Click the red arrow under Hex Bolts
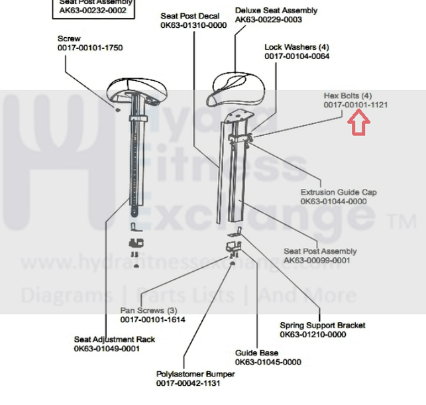[358, 123]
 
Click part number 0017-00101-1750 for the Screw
[90, 48]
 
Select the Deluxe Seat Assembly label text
[276, 11]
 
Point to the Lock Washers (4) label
[296, 47]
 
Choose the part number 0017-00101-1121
[356, 105]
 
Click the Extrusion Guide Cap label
[339, 192]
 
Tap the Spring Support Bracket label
[322, 325]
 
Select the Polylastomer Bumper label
[195, 374]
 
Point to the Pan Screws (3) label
[148, 310]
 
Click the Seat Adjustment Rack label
[115, 339]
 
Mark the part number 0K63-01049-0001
[107, 349]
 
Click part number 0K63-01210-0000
[313, 335]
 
